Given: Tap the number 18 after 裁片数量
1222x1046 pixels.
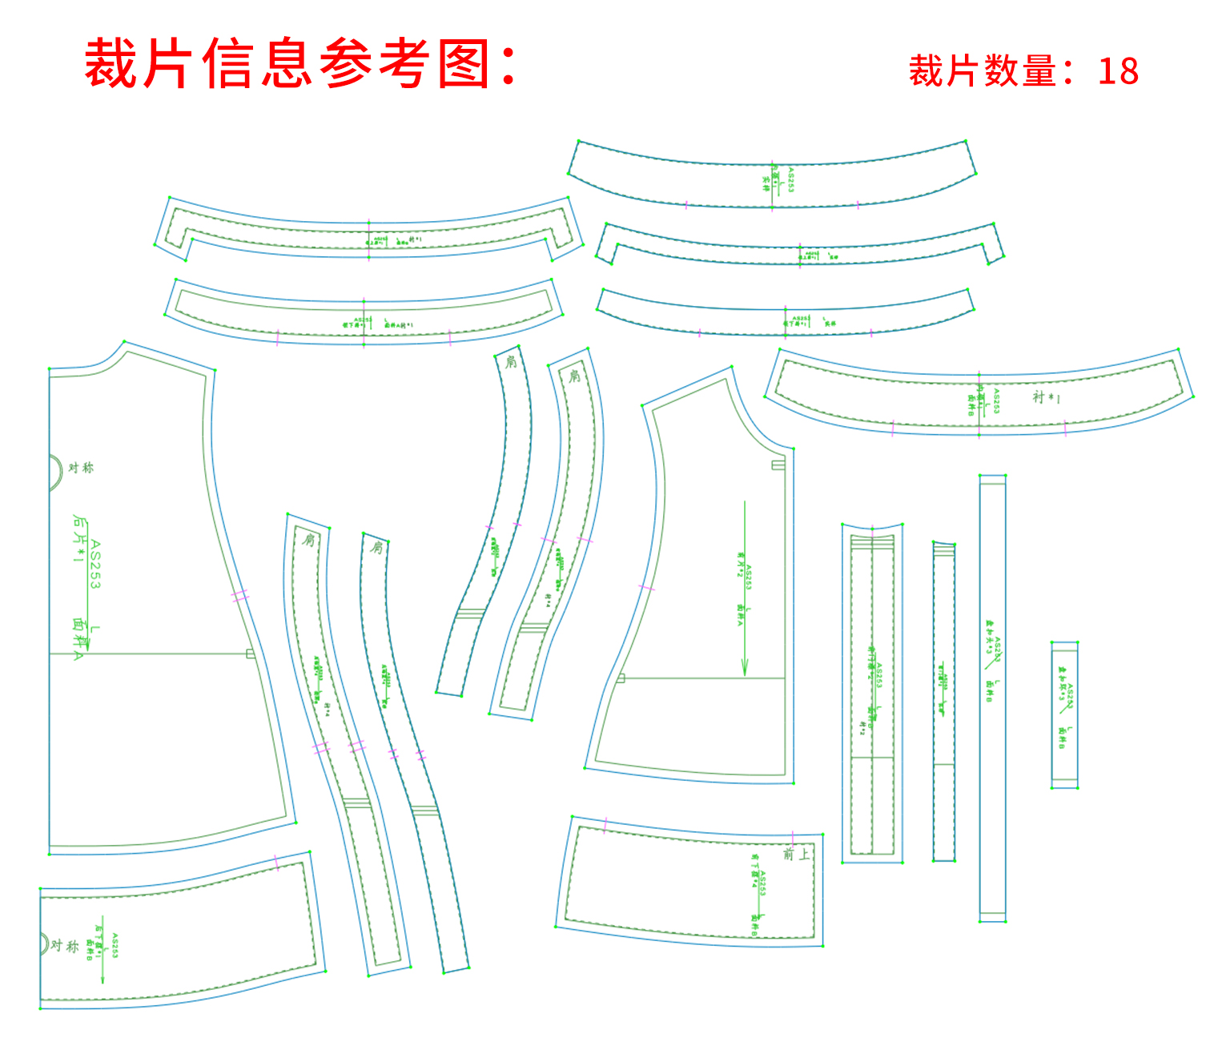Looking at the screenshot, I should pos(1118,71).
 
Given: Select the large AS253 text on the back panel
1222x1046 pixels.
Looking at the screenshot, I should pos(95,565).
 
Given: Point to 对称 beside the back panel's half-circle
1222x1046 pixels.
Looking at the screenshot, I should pos(81,468).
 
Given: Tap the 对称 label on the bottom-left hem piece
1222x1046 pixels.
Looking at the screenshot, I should pos(65,946).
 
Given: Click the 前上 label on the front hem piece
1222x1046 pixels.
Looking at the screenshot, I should pos(796,854).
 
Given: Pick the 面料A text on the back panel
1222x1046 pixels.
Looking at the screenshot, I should pos(78,638).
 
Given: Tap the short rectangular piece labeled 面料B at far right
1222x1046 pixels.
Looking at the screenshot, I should pos(1064,714).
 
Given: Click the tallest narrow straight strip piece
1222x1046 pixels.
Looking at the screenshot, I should pos(992,697).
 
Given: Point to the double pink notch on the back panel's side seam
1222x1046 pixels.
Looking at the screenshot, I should pos(240,596).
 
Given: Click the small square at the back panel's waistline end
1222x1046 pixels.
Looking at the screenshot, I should pos(251,654).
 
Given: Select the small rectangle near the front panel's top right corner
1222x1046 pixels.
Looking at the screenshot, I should pos(778,465).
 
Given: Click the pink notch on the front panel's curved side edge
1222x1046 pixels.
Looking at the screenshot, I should pos(646,588).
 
